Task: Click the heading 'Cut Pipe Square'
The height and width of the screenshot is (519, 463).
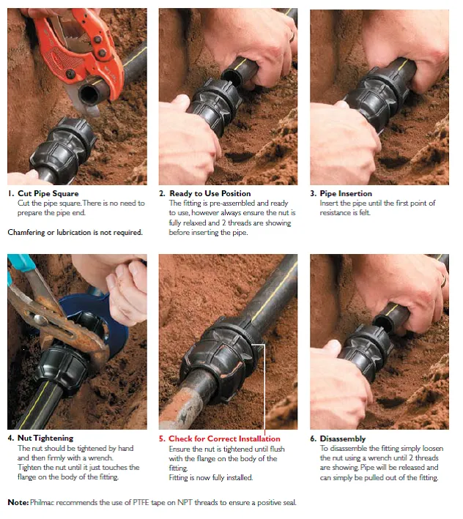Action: [48, 193]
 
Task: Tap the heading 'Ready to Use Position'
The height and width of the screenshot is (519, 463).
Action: [210, 193]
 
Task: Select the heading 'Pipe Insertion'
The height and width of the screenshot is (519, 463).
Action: [346, 193]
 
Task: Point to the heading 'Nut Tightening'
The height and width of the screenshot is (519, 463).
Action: [45, 438]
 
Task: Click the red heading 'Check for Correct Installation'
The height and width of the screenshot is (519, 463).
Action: [224, 438]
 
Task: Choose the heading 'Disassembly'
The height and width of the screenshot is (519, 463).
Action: [342, 439]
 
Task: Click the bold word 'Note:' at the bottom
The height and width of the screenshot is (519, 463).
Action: [18, 502]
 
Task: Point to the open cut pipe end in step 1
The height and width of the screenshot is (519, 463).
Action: [89, 94]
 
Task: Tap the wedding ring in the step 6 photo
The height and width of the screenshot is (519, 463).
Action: [443, 280]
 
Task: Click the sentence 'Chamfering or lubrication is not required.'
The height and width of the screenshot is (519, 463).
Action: [75, 232]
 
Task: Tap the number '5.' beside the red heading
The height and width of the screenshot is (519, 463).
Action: [162, 439]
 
